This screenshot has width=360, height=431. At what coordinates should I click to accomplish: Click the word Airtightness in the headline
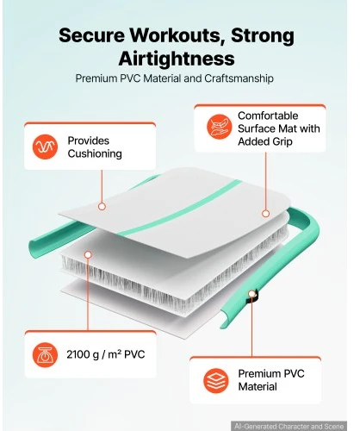pos(177,59)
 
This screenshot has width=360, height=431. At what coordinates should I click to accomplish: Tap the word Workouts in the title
pos(177,35)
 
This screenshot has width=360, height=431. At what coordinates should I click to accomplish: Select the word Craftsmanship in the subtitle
pos(239,78)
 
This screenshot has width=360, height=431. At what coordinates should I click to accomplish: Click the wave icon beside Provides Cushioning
pos(45,147)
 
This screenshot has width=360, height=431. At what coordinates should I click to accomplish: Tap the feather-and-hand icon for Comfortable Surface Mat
pos(220,127)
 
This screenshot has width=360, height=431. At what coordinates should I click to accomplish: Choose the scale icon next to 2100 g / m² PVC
pos(45,354)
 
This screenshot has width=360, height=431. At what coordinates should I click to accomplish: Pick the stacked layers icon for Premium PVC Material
pos(216,380)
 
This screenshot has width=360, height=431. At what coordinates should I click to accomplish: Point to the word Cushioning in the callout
pos(95,153)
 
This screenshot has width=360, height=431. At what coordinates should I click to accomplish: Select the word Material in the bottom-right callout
pos(258,387)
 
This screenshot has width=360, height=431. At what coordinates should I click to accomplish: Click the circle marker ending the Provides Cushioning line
pos(102,206)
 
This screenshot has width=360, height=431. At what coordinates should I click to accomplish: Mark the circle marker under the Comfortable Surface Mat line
pos(265,214)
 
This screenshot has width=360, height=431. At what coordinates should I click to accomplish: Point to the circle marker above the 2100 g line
pos(88,254)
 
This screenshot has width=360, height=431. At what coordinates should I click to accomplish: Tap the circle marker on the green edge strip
pos(251,294)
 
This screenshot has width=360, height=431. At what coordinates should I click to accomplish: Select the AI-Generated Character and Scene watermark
pos(289,427)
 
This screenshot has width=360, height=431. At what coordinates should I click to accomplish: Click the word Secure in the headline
pos(91,35)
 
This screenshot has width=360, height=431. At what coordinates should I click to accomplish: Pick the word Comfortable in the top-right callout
pos(268,116)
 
